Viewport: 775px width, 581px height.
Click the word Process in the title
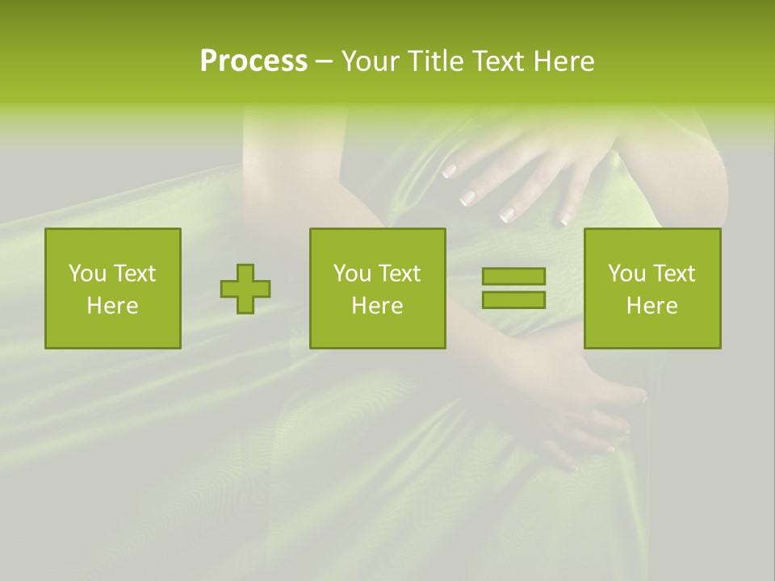(x=253, y=61)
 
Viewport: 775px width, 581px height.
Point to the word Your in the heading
(x=371, y=61)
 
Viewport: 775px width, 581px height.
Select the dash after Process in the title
(x=324, y=62)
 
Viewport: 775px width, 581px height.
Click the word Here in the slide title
(x=561, y=61)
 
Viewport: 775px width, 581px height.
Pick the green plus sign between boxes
(x=245, y=289)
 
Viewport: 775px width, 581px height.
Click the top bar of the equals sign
(x=513, y=276)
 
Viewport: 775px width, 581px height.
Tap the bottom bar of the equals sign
(x=513, y=299)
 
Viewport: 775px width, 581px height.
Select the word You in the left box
(x=86, y=274)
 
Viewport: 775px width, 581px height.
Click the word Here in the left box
(x=112, y=306)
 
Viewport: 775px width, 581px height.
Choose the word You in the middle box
(x=352, y=274)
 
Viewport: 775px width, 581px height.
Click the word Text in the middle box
(x=399, y=274)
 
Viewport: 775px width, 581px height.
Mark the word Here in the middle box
(x=377, y=306)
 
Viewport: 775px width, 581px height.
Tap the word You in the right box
(x=626, y=274)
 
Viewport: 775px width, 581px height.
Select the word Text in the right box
(x=673, y=274)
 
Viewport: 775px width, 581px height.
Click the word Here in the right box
(x=651, y=306)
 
